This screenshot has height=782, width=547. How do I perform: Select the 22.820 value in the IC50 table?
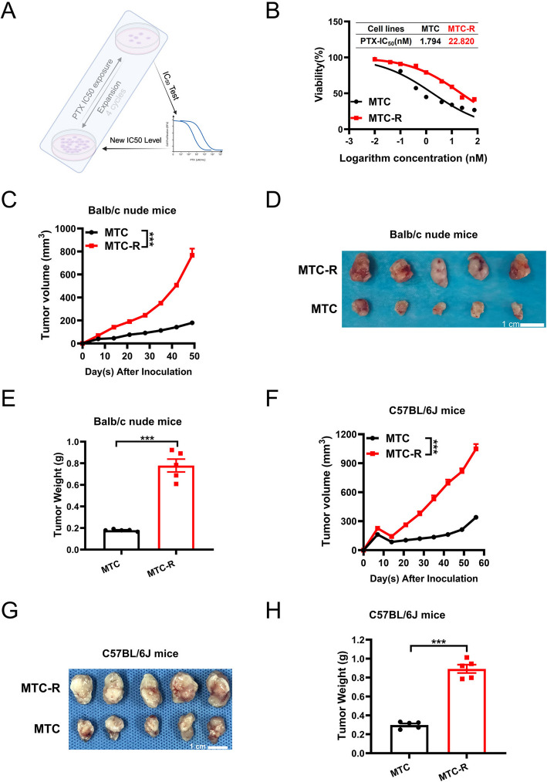click(458, 39)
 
